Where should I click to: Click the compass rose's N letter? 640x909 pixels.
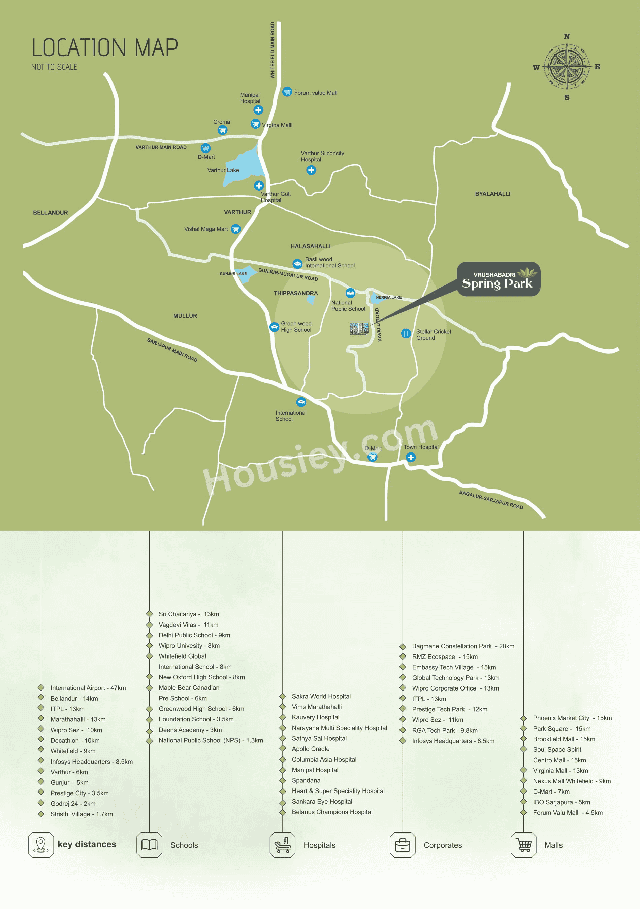(567, 36)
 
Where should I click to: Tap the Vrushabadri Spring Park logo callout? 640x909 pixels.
(498, 279)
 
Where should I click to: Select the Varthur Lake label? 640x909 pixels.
(223, 170)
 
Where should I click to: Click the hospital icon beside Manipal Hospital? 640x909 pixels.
(258, 110)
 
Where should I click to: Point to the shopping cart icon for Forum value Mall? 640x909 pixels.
(287, 92)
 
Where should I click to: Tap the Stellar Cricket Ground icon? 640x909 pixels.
(406, 333)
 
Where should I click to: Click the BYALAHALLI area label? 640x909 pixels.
(493, 194)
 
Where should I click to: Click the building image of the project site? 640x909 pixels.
(359, 329)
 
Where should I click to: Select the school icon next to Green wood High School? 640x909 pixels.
(274, 327)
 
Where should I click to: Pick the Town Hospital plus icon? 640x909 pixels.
(411, 457)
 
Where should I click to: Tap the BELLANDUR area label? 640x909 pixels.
(50, 212)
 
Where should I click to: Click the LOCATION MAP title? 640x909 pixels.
(104, 48)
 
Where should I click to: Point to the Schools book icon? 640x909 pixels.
(149, 845)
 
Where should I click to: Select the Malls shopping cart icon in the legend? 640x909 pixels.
(523, 845)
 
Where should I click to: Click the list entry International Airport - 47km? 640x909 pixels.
(88, 688)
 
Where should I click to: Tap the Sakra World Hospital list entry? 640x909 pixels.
(321, 696)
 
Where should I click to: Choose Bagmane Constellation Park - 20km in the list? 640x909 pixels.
(463, 646)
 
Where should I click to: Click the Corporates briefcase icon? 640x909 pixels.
(403, 845)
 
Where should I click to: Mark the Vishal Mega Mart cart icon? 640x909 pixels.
(236, 229)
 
